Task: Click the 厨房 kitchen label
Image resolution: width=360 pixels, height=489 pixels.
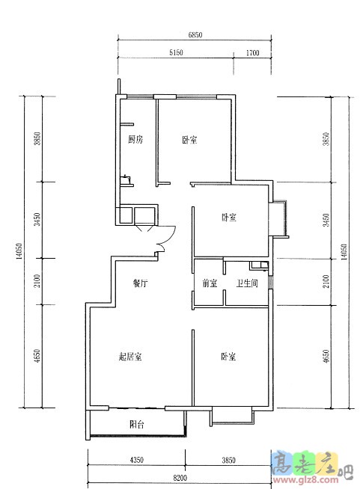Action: (135, 139)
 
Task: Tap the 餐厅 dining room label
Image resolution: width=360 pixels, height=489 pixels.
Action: (140, 283)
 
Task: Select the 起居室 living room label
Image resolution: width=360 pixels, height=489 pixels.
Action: (130, 356)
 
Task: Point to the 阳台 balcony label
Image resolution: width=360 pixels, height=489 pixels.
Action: (137, 424)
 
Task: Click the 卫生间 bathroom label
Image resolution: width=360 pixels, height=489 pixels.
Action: (247, 283)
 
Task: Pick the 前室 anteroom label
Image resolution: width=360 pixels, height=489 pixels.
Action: (210, 283)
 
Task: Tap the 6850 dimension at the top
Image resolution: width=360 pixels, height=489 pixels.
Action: (195, 35)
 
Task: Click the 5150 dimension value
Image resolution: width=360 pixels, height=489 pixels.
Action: (176, 52)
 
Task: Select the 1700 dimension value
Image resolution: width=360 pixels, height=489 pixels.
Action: (252, 52)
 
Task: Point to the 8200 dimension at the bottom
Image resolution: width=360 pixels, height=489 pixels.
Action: (180, 478)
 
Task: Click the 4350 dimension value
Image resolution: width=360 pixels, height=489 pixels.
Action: (136, 460)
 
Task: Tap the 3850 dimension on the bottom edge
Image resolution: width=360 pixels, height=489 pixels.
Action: (228, 460)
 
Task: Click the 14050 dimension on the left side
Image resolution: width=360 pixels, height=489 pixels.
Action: (19, 252)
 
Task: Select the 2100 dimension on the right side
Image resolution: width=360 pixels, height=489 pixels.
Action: (326, 282)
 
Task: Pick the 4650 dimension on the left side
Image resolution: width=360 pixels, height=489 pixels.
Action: (37, 356)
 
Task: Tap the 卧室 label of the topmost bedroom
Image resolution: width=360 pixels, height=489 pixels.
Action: (189, 139)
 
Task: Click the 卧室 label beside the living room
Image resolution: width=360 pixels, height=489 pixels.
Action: (228, 356)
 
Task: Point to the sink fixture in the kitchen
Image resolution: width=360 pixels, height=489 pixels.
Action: (126, 179)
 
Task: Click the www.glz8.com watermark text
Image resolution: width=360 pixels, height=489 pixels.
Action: (305, 480)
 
